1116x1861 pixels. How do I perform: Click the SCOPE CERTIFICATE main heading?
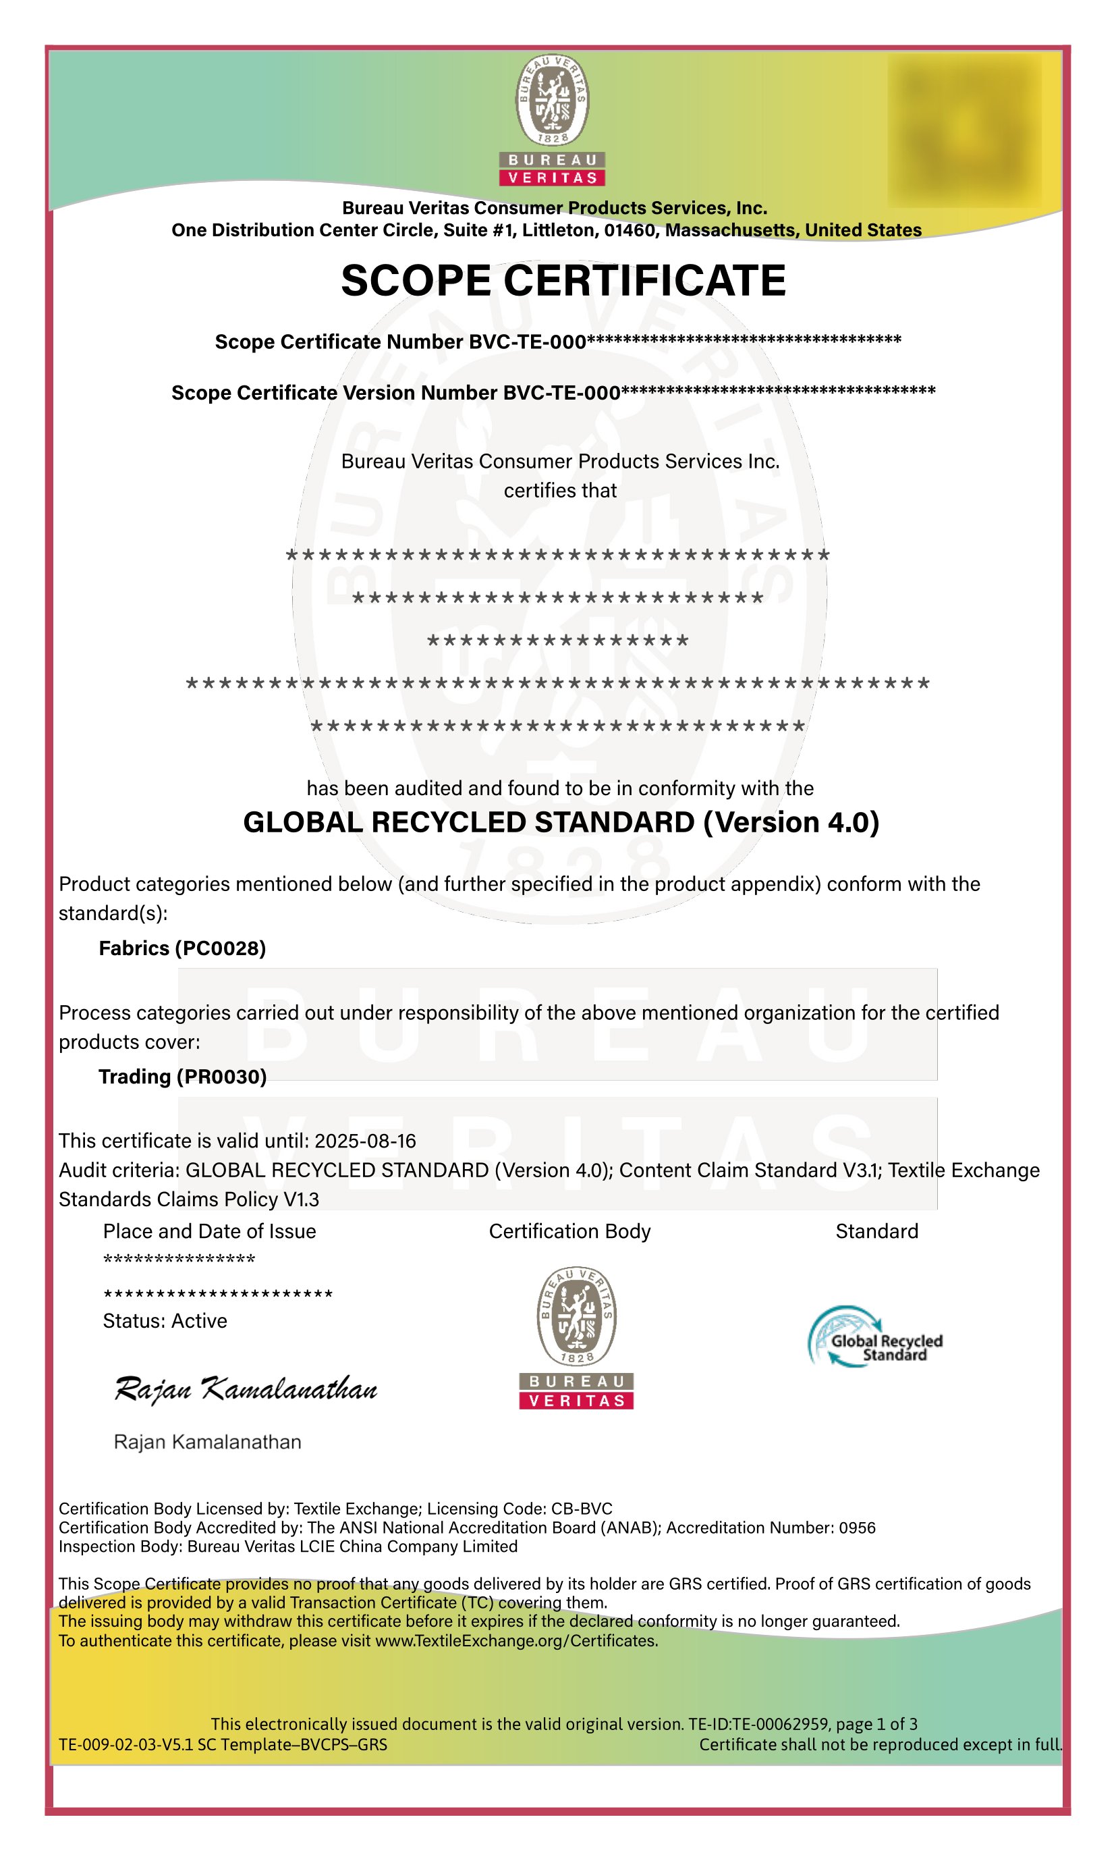(563, 281)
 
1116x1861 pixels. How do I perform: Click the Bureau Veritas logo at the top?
(552, 120)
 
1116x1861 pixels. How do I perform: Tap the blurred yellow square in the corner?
(965, 130)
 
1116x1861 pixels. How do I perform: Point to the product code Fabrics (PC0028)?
(182, 948)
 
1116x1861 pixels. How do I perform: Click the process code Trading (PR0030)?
(183, 1077)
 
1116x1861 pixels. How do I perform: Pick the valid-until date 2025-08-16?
(365, 1141)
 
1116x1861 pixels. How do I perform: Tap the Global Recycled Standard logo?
(875, 1337)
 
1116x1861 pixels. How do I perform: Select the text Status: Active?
(165, 1321)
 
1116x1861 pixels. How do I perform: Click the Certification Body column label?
(569, 1231)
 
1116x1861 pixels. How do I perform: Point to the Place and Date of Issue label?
(209, 1231)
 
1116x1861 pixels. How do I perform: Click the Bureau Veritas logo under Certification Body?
(576, 1337)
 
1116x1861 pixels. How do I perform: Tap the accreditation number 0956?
(858, 1528)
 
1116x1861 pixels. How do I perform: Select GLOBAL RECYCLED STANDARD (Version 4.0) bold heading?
(561, 822)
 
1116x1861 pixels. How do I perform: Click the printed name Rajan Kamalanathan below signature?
(208, 1442)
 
